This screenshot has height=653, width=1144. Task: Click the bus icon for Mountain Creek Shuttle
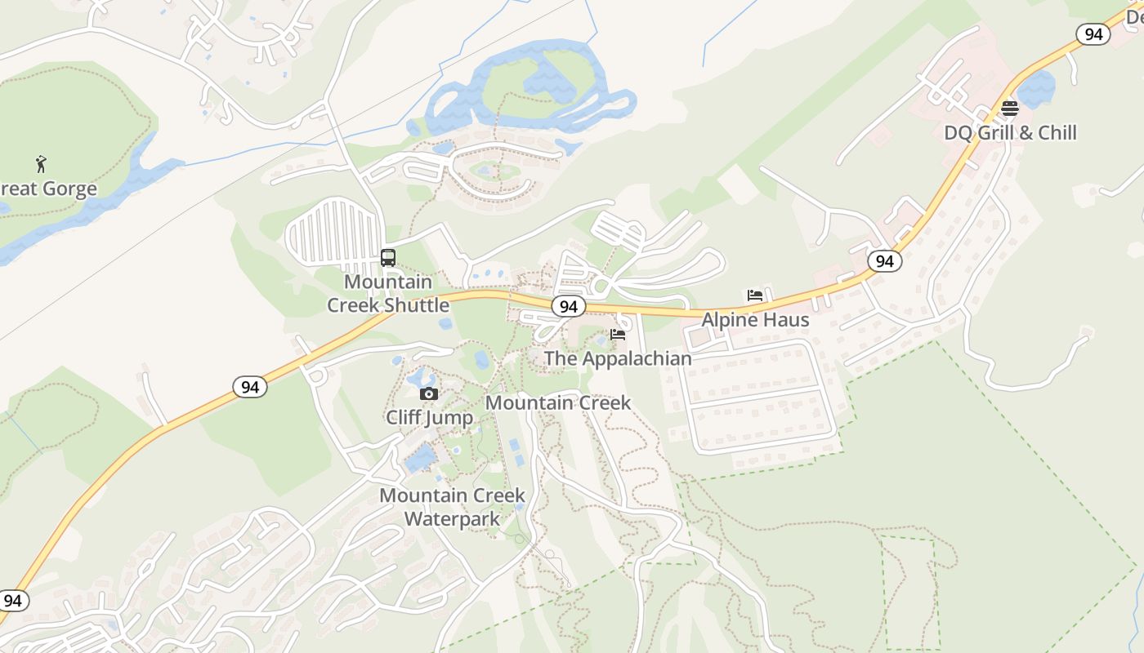pyautogui.click(x=388, y=258)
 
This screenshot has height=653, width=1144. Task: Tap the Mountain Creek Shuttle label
pyautogui.click(x=388, y=294)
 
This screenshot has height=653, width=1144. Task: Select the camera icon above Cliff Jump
pyautogui.click(x=428, y=394)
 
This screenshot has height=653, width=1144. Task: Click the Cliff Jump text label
pyautogui.click(x=429, y=418)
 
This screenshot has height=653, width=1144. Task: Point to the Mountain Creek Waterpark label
pyautogui.click(x=452, y=507)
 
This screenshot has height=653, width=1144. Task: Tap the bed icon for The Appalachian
pyautogui.click(x=618, y=335)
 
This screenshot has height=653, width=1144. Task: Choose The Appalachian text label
pyautogui.click(x=618, y=358)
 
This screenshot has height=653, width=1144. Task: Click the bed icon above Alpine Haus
pyautogui.click(x=755, y=295)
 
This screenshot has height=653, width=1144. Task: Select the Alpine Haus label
pyautogui.click(x=755, y=320)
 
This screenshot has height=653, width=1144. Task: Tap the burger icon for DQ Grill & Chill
pyautogui.click(x=1010, y=109)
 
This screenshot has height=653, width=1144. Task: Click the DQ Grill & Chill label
pyautogui.click(x=1010, y=133)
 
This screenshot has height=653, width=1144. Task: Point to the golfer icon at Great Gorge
pyautogui.click(x=41, y=164)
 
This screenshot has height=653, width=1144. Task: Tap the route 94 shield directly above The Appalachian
pyautogui.click(x=569, y=307)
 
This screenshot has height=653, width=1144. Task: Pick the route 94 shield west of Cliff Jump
pyautogui.click(x=250, y=387)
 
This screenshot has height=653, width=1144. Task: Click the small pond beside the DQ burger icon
pyautogui.click(x=1036, y=89)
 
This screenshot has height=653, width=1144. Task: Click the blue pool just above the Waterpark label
pyautogui.click(x=421, y=458)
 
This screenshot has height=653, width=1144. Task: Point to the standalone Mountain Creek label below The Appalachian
pyautogui.click(x=558, y=403)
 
